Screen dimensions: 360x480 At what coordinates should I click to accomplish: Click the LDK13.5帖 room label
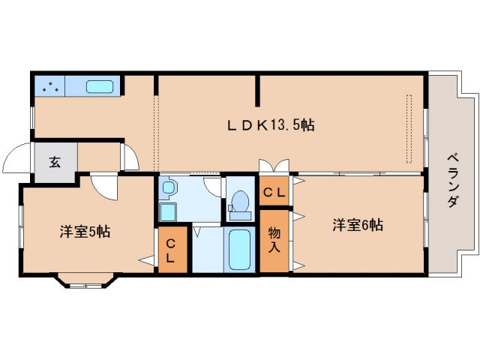[x=271, y=126]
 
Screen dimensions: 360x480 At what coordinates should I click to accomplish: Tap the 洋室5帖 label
[x=85, y=232]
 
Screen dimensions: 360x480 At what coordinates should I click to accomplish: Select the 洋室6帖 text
[x=358, y=225]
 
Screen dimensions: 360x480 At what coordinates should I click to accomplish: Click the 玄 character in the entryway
[x=55, y=161]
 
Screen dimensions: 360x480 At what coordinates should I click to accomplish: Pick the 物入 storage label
[x=274, y=240]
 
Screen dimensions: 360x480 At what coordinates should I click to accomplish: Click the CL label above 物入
[x=274, y=192]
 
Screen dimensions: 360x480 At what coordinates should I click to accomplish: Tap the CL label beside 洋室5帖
[x=170, y=250]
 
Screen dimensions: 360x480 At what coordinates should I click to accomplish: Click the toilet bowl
[x=241, y=201]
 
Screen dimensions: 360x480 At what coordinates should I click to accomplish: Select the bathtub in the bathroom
[x=239, y=250]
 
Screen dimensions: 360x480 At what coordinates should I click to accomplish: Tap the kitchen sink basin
[x=99, y=86]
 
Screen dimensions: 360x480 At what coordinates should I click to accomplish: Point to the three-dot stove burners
[x=50, y=86]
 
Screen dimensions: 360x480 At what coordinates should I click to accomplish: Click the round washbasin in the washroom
[x=169, y=187]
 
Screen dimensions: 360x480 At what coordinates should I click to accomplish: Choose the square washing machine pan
[x=167, y=212]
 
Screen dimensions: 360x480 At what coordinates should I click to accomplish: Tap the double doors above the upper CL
[x=274, y=167]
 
